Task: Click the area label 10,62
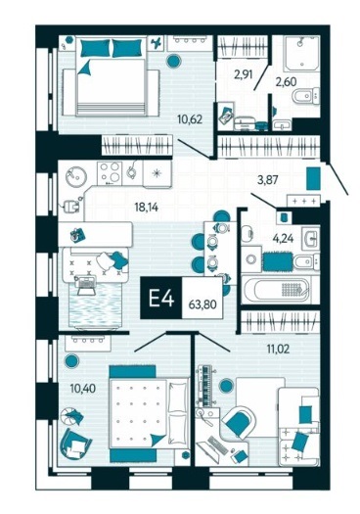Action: click(x=190, y=119)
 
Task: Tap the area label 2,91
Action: click(x=243, y=75)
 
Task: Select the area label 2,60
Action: click(x=285, y=82)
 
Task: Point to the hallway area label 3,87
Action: click(x=268, y=180)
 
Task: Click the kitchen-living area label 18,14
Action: click(x=147, y=208)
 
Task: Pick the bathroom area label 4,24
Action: click(x=283, y=238)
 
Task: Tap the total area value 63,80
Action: click(x=202, y=304)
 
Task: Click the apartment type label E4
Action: click(x=160, y=298)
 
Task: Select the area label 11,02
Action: click(x=278, y=350)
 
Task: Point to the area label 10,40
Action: click(x=82, y=389)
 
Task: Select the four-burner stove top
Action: click(x=110, y=172)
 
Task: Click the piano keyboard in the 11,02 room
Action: click(x=205, y=386)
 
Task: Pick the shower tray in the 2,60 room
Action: click(x=301, y=53)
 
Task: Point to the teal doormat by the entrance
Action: click(x=313, y=178)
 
